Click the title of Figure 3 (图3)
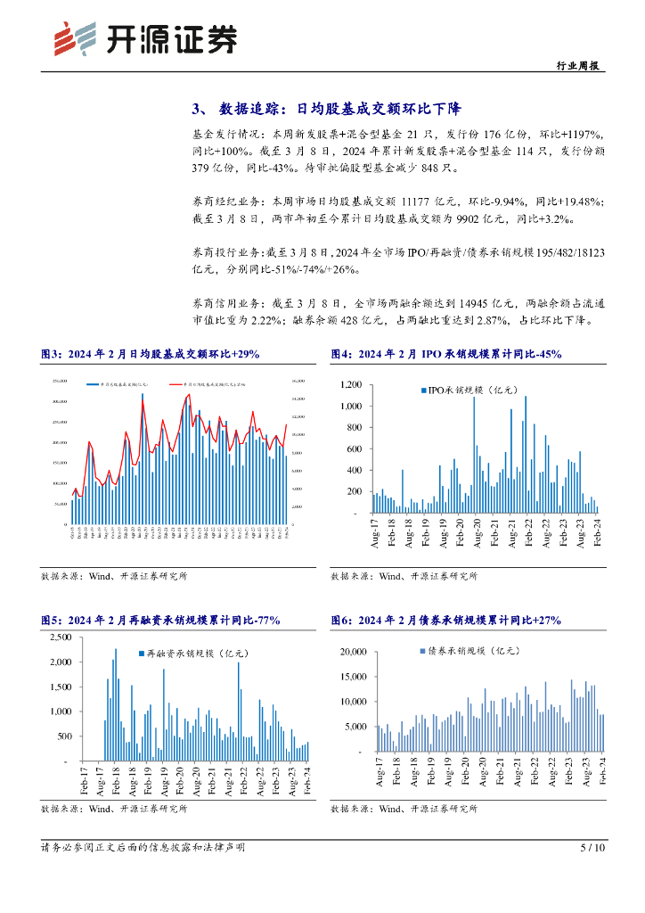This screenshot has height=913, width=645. point(151,354)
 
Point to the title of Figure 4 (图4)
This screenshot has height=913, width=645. point(445,354)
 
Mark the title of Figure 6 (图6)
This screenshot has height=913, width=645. point(445,621)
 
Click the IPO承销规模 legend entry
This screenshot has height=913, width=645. point(466,390)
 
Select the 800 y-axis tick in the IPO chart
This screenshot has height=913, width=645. point(353,427)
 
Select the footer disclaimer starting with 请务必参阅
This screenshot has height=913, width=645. point(143,847)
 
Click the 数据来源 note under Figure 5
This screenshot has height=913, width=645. point(114,809)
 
